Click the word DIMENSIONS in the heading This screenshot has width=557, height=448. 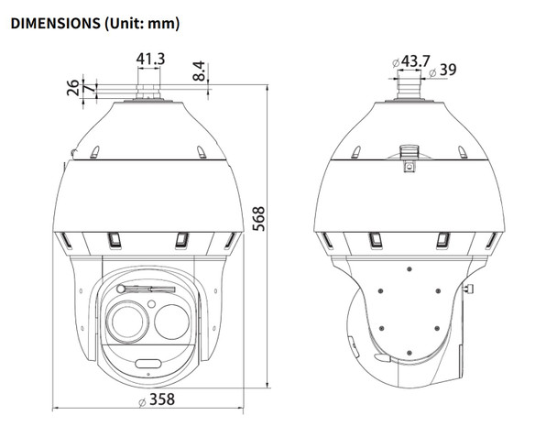(x=53, y=20)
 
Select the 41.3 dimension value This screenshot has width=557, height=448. (x=150, y=60)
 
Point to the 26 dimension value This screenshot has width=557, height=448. (x=72, y=89)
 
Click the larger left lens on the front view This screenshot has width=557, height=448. (x=126, y=321)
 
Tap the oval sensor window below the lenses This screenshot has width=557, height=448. (x=149, y=365)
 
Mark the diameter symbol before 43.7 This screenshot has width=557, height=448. (x=394, y=62)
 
